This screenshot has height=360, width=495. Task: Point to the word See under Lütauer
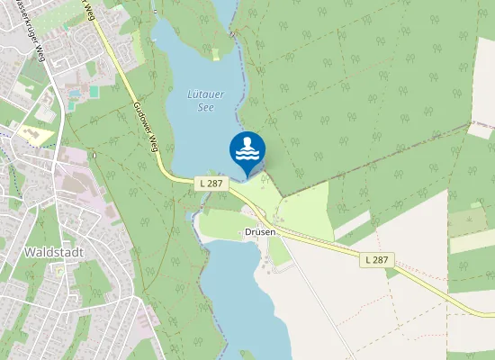pos(206,106)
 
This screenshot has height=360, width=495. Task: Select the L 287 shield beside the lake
pos(209,184)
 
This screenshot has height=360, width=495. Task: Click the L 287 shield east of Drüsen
pos(377,259)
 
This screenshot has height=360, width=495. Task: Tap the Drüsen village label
pos(259,232)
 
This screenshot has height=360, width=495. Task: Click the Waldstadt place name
pos(55,252)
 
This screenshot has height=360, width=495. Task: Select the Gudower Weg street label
pos(145,127)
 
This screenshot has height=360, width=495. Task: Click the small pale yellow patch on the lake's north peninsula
pos(216,54)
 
